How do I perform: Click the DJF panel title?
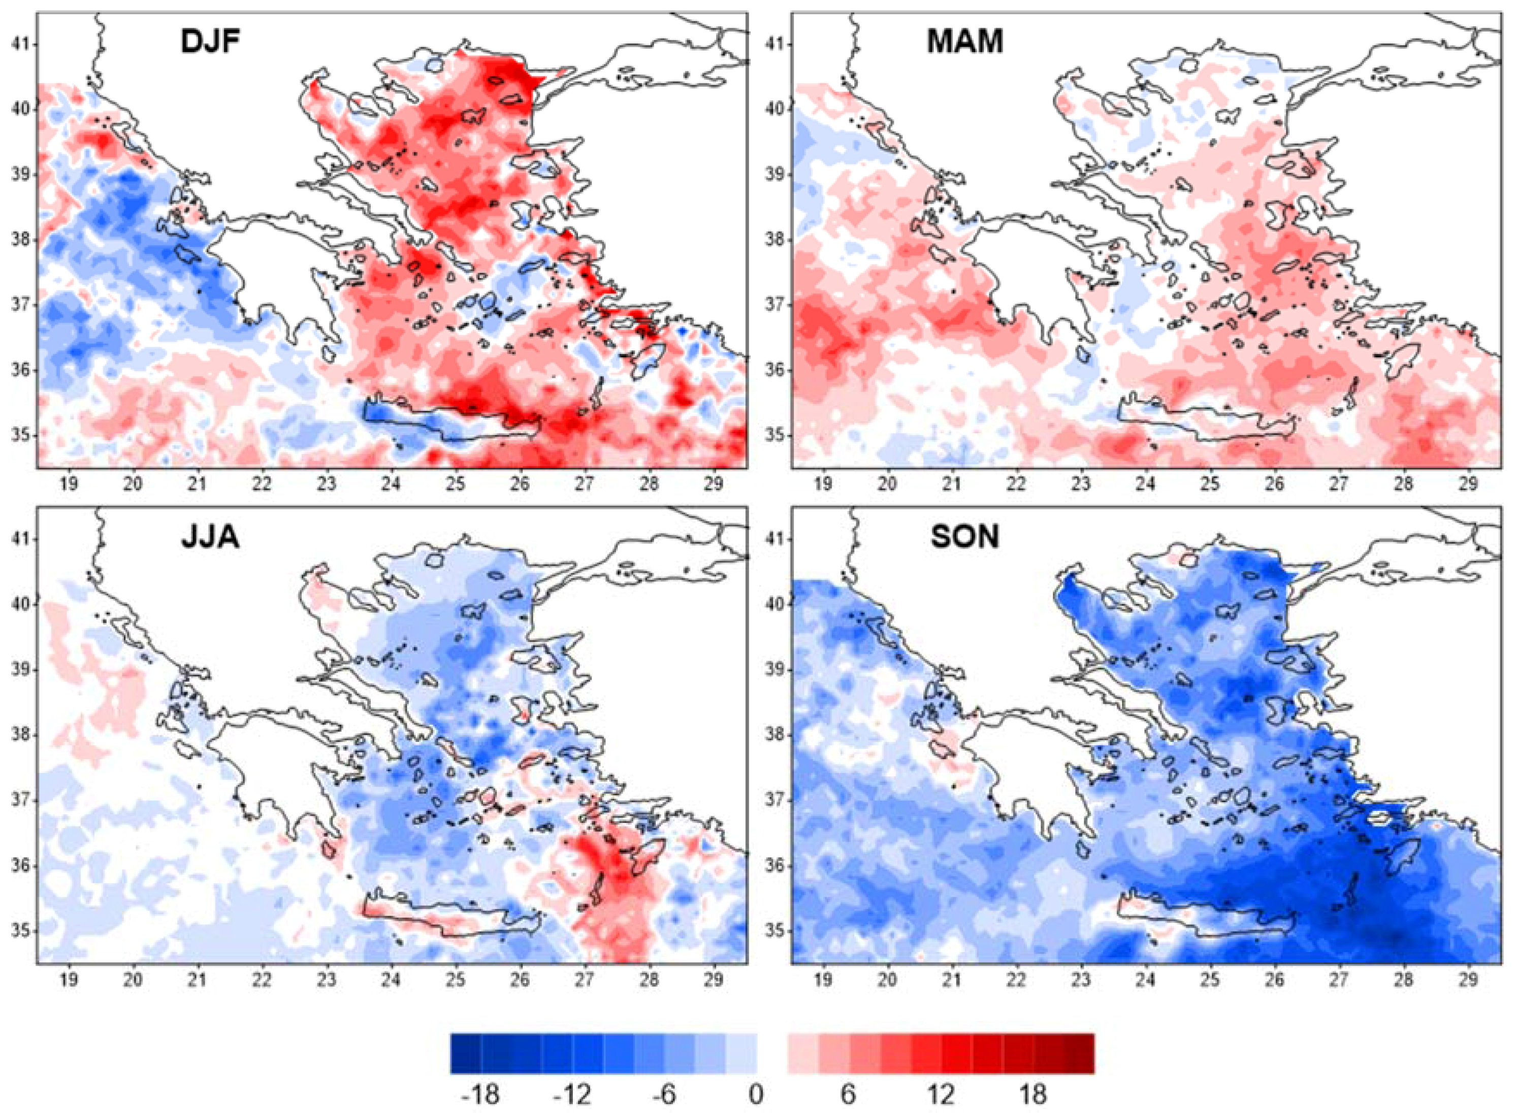[x=211, y=42]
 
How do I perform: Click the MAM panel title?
[x=965, y=42]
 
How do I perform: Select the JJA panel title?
[x=210, y=537]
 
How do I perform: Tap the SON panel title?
[x=965, y=537]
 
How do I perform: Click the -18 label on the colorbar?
[x=480, y=1094]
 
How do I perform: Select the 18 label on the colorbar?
[x=1031, y=1094]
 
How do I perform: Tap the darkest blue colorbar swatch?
[x=466, y=1053]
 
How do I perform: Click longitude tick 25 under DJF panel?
[x=456, y=484]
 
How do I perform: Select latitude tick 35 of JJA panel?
[x=20, y=931]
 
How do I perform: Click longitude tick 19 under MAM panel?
[x=823, y=484]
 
